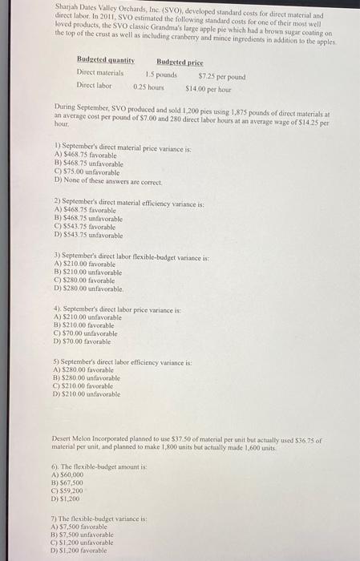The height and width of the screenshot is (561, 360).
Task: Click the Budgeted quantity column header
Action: [x=104, y=61]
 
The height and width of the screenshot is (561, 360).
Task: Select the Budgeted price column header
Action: [x=180, y=61]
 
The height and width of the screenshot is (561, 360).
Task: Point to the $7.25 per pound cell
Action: [x=220, y=77]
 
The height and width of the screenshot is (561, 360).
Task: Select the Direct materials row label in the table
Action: [x=99, y=73]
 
